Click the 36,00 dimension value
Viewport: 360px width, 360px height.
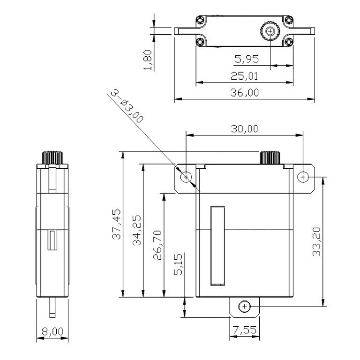pyautogui.click(x=244, y=93)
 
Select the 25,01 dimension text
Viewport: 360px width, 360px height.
pyautogui.click(x=244, y=76)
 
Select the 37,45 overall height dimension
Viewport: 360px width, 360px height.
pyautogui.click(x=117, y=224)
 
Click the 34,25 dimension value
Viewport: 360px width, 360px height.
pyautogui.click(x=137, y=230)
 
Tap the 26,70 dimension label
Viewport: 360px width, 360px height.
pyautogui.click(x=158, y=244)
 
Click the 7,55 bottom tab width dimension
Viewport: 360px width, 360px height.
pyautogui.click(x=244, y=330)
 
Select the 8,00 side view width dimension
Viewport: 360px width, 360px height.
pyautogui.click(x=52, y=331)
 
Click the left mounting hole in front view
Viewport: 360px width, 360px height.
pyautogui.click(x=187, y=177)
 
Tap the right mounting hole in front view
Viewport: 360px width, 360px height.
pyautogui.click(x=303, y=177)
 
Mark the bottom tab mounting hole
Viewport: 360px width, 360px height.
pyautogui.click(x=244, y=307)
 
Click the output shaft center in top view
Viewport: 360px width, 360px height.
pyautogui.click(x=270, y=31)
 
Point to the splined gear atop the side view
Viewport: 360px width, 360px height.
pyautogui.click(x=52, y=157)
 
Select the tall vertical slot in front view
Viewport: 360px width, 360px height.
pyautogui.click(x=217, y=246)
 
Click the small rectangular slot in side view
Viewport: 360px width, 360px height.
pyautogui.click(x=52, y=240)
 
